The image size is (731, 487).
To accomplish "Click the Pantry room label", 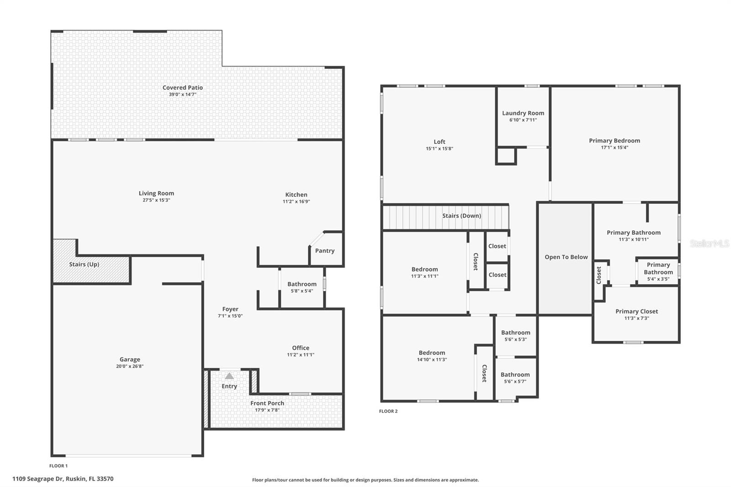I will click(324, 251).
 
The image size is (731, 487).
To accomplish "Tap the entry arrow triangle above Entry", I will click(229, 376).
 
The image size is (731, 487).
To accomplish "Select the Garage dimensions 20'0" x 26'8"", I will click(130, 366).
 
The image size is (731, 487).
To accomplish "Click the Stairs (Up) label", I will click(84, 265).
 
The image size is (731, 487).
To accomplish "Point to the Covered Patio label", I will click(182, 88).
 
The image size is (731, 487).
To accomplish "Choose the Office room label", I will click(301, 348).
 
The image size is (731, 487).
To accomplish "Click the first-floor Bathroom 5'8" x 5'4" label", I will click(302, 284).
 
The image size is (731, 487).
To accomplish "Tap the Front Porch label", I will click(267, 403).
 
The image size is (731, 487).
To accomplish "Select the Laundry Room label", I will click(523, 113).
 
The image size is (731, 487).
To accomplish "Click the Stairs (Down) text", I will click(461, 216).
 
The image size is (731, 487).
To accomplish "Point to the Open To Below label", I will click(566, 257).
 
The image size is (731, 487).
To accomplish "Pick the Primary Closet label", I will click(636, 312).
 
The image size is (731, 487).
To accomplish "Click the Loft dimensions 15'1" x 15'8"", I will click(439, 148).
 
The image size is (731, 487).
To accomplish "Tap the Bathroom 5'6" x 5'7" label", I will click(515, 375).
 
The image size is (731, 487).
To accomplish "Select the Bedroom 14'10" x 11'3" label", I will click(432, 353).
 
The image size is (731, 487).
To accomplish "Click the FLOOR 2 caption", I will click(388, 411).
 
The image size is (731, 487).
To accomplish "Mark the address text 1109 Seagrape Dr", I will click(63, 479).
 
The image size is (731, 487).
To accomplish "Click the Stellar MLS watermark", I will click(709, 244).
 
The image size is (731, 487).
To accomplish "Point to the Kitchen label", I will click(296, 195).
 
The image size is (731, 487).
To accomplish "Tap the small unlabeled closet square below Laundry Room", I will click(506, 156).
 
